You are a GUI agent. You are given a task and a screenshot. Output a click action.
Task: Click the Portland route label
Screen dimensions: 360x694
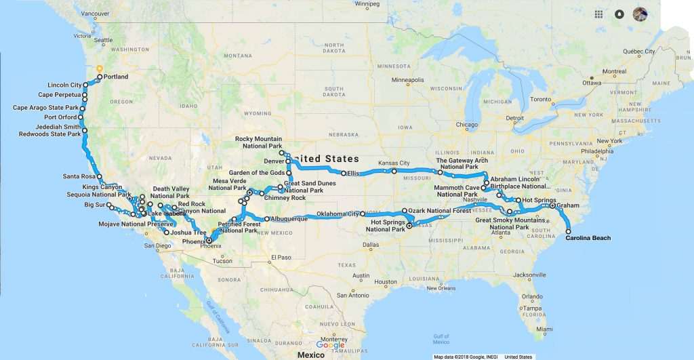(117, 77)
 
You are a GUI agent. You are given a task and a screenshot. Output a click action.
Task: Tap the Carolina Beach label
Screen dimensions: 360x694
(588, 238)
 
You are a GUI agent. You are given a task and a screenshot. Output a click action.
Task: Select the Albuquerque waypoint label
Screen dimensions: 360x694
(290, 218)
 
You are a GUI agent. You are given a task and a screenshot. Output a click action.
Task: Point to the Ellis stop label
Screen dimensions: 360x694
(353, 174)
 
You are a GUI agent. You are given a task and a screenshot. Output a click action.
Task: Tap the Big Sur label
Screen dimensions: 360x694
(95, 203)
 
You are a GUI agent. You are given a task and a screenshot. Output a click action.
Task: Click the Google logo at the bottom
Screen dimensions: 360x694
(330, 345)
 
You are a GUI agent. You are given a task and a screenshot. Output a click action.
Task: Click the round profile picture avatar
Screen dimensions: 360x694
(640, 14)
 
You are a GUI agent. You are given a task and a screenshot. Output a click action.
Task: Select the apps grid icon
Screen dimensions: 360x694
(598, 14)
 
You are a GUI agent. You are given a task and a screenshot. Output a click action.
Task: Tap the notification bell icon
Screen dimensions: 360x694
(619, 14)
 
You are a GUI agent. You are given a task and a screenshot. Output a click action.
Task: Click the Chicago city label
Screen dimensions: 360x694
(466, 125)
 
